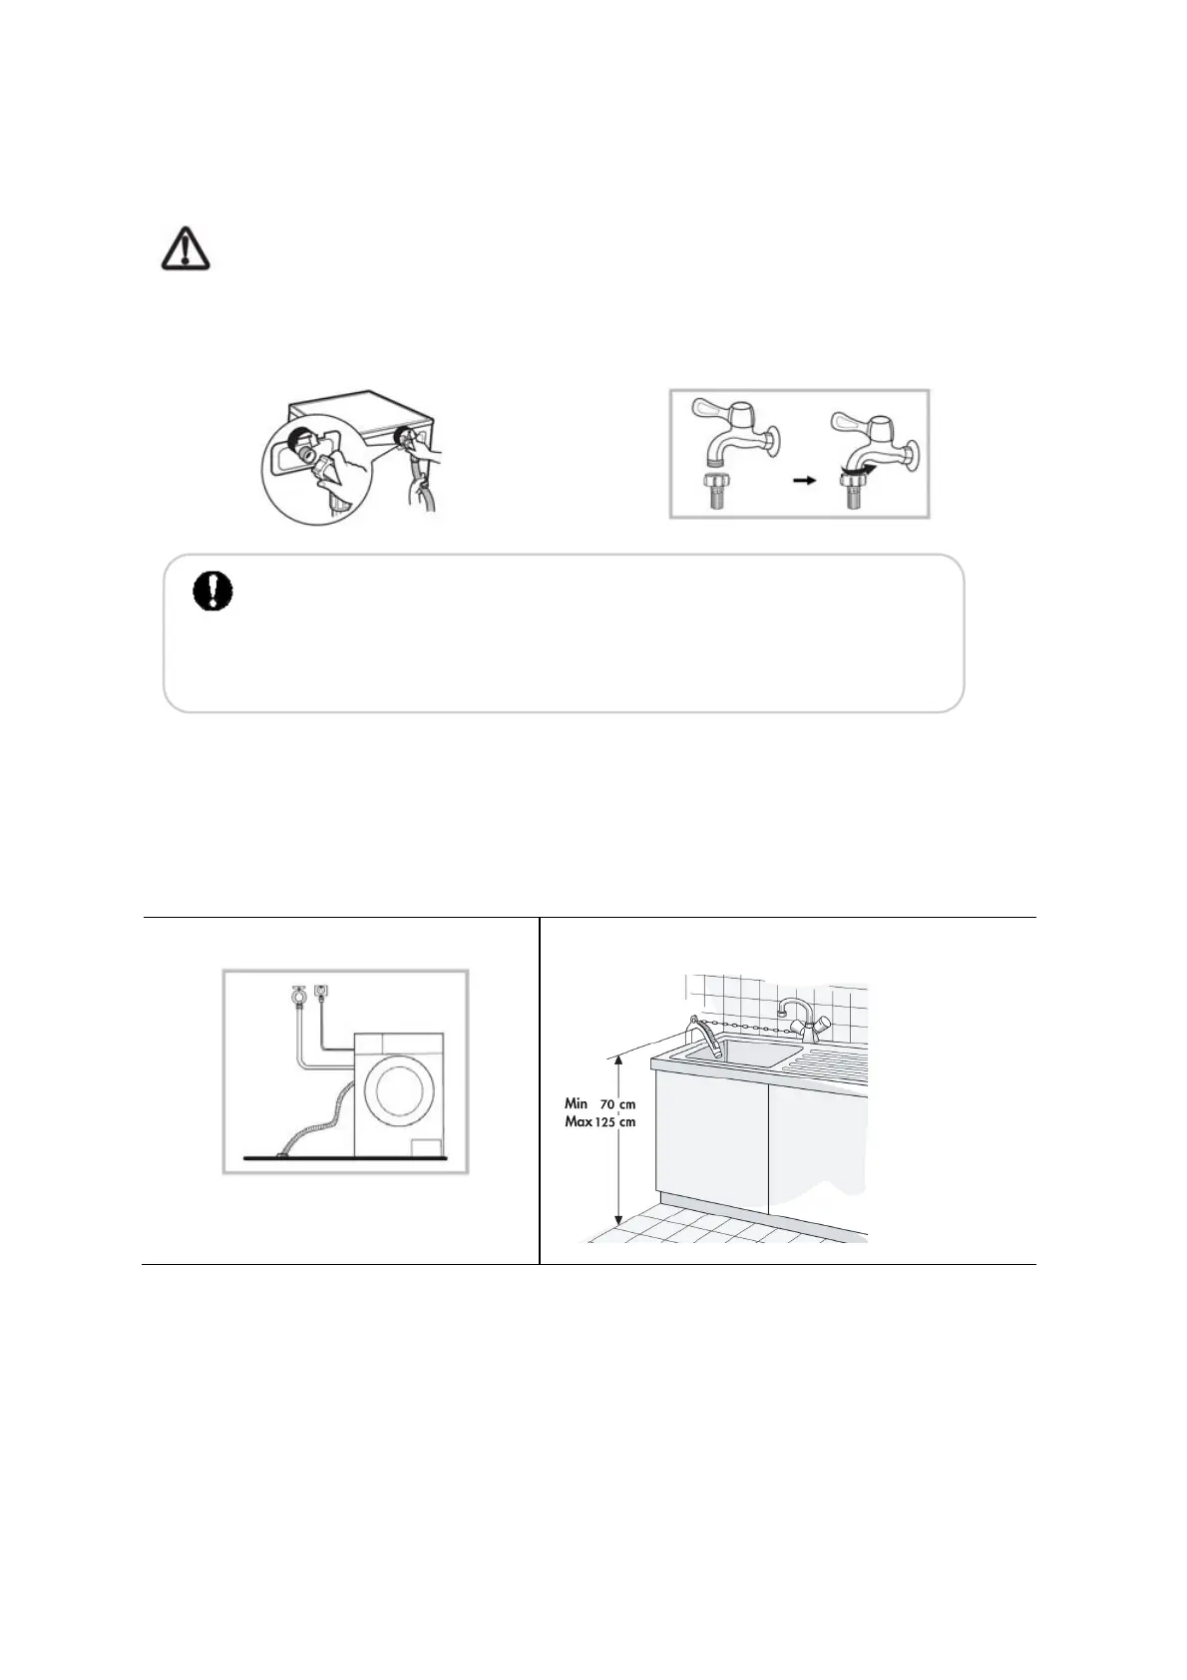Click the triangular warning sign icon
pos(187,247)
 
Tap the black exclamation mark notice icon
pos(211,591)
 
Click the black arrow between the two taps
pos(802,480)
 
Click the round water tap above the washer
pos(296,994)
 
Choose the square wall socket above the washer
pos(321,992)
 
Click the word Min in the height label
pos(577,1103)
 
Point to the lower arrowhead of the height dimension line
pos(618,1220)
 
